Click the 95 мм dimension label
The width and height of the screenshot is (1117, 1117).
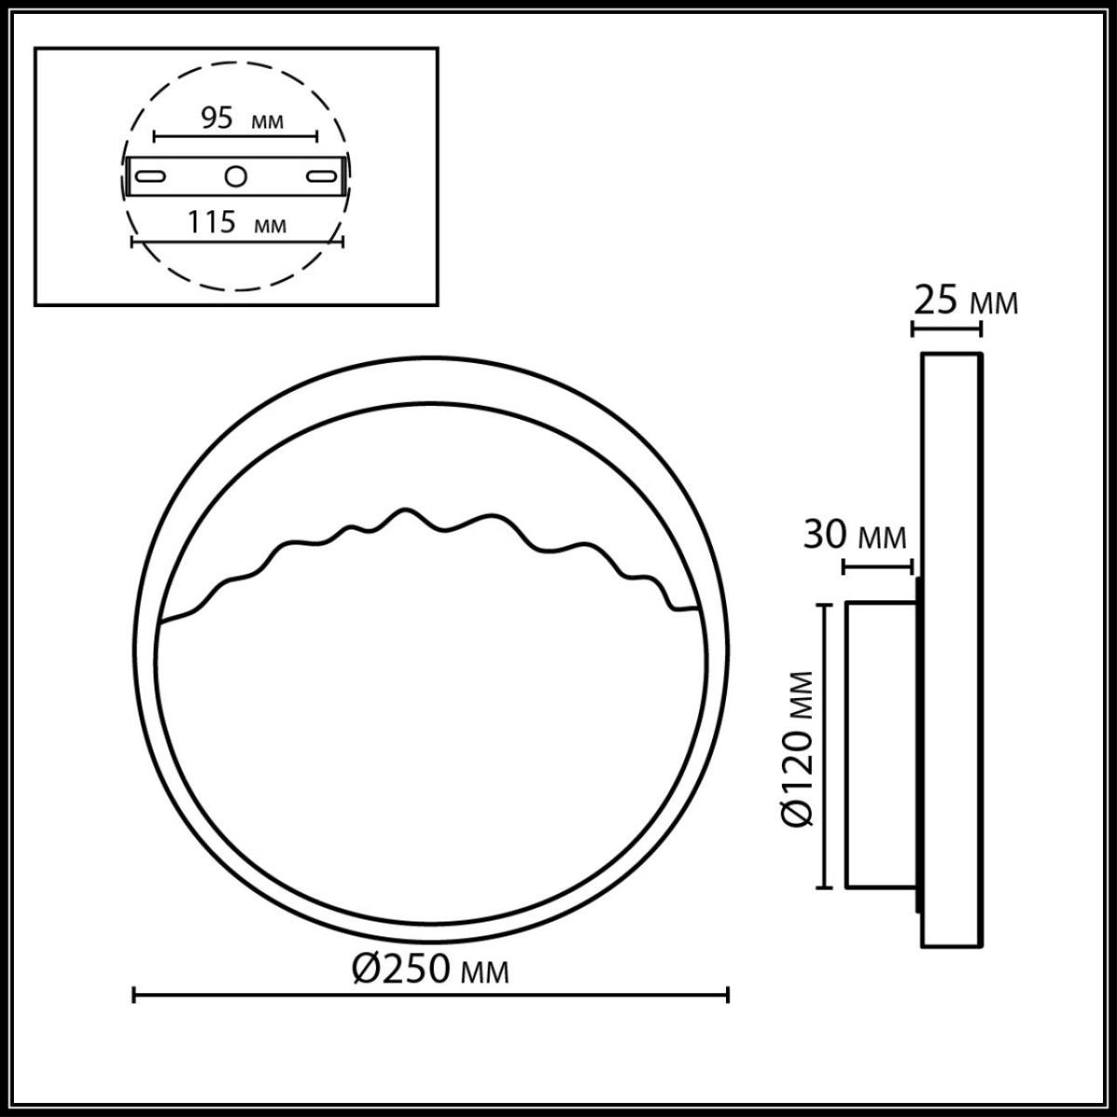tap(240, 118)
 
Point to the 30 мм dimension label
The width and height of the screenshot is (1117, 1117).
tap(854, 536)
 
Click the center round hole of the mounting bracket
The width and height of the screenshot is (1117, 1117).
tap(236, 175)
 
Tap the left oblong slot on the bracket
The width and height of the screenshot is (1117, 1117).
tap(150, 176)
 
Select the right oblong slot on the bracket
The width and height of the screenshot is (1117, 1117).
tap(323, 176)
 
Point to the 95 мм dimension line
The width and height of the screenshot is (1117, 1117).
tap(236, 136)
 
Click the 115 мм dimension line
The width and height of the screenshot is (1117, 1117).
tap(237, 241)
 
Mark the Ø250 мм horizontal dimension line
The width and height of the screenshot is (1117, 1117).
tap(431, 995)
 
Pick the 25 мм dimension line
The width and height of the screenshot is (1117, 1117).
tap(946, 328)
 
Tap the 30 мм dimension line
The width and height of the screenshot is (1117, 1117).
tap(877, 565)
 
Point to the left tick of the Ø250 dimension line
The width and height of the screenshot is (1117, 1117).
tap(136, 995)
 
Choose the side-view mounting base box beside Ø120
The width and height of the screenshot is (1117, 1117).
tap(881, 745)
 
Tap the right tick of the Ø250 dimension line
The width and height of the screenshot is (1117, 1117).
tap(727, 995)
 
